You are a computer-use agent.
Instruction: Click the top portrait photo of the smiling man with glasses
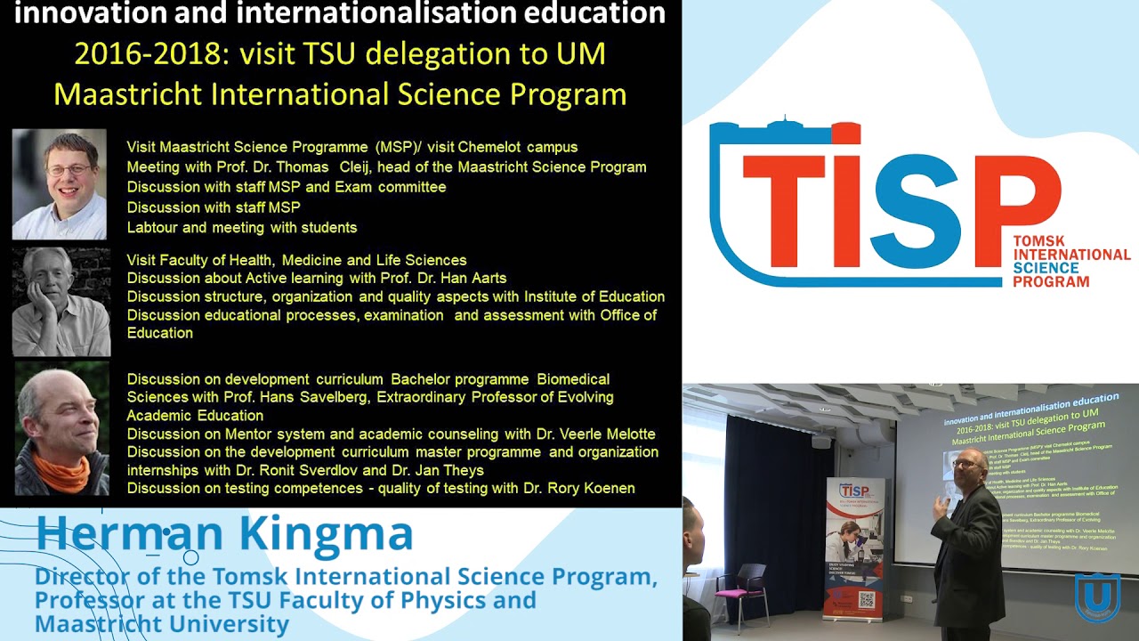click(x=60, y=184)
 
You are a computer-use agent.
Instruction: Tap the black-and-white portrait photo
click(x=61, y=302)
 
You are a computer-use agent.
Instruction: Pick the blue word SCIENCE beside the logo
click(x=1046, y=268)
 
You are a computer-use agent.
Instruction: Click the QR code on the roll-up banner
click(x=866, y=599)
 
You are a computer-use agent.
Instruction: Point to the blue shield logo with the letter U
click(x=1096, y=597)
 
